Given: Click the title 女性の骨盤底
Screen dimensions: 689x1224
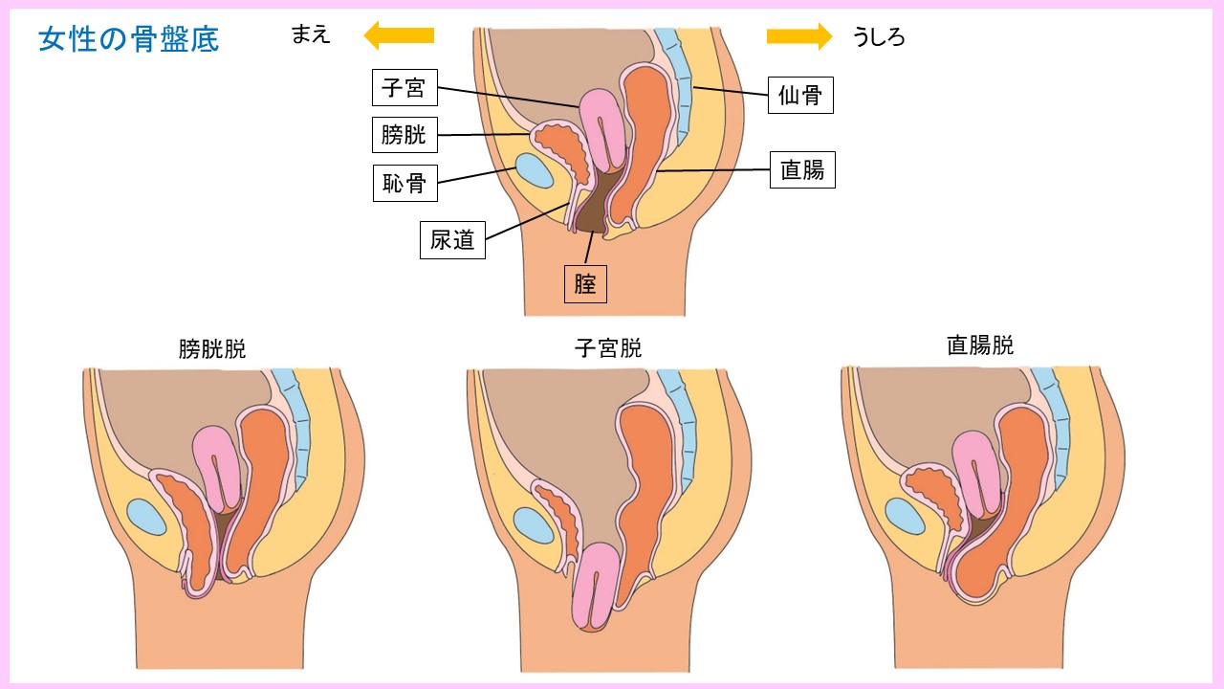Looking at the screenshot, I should pos(129,40).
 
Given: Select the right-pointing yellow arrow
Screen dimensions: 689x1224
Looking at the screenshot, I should pos(799,35).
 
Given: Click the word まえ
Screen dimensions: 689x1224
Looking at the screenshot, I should pos(311,35).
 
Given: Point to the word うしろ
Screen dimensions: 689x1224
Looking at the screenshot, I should pos(879,37).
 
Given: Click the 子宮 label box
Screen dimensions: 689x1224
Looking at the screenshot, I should pos(404,89).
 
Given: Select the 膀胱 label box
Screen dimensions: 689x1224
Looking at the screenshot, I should pos(404,134).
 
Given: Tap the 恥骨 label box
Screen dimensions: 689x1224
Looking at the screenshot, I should pos(404,182).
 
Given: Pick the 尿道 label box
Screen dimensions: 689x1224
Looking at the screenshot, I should pos(452,239).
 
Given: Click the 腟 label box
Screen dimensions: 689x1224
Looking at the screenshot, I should pos(585,283).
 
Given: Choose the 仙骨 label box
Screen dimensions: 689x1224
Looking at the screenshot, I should pos(801,95).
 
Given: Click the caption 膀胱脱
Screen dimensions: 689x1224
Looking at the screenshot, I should pos(212,349).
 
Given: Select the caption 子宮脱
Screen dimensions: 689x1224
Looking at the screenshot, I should pos(608,348).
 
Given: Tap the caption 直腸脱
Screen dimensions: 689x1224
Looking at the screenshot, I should pos(980,345).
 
